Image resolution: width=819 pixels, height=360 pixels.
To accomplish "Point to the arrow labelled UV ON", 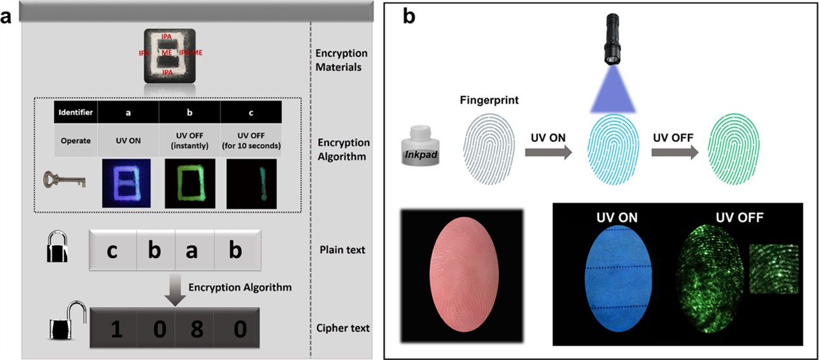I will point(548,152).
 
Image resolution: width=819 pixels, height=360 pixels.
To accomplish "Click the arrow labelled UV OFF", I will point(673,152).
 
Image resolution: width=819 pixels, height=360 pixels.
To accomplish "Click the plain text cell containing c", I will point(112,250).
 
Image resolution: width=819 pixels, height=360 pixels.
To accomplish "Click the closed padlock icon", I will point(57,249).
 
